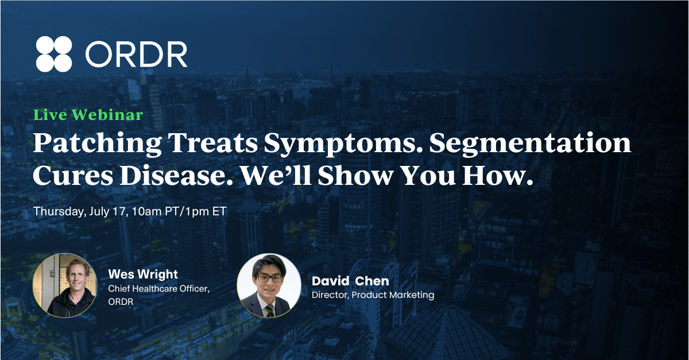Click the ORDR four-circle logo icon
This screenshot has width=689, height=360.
click(x=54, y=54)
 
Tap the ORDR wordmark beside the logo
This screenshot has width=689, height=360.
click(x=136, y=54)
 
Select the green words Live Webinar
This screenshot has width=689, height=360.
click(x=88, y=115)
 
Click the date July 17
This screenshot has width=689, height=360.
click(x=109, y=211)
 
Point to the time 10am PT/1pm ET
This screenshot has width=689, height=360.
click(x=179, y=211)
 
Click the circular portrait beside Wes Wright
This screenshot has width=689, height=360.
click(x=65, y=285)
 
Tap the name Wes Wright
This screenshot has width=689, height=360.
click(x=143, y=274)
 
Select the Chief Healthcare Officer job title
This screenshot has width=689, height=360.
click(x=158, y=289)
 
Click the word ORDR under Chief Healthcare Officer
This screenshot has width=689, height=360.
click(x=121, y=302)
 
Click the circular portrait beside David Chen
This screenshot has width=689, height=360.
click(x=269, y=285)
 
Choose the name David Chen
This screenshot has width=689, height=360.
click(x=350, y=281)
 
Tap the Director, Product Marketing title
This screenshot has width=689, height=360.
click(x=373, y=295)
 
